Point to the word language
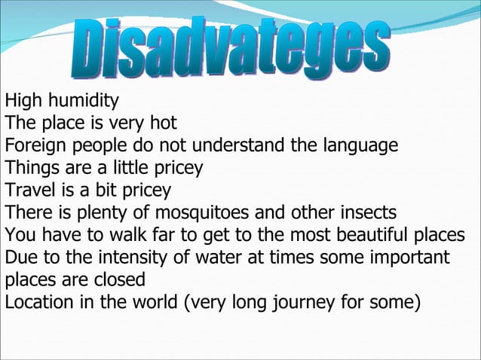[362, 145]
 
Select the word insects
[365, 211]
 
